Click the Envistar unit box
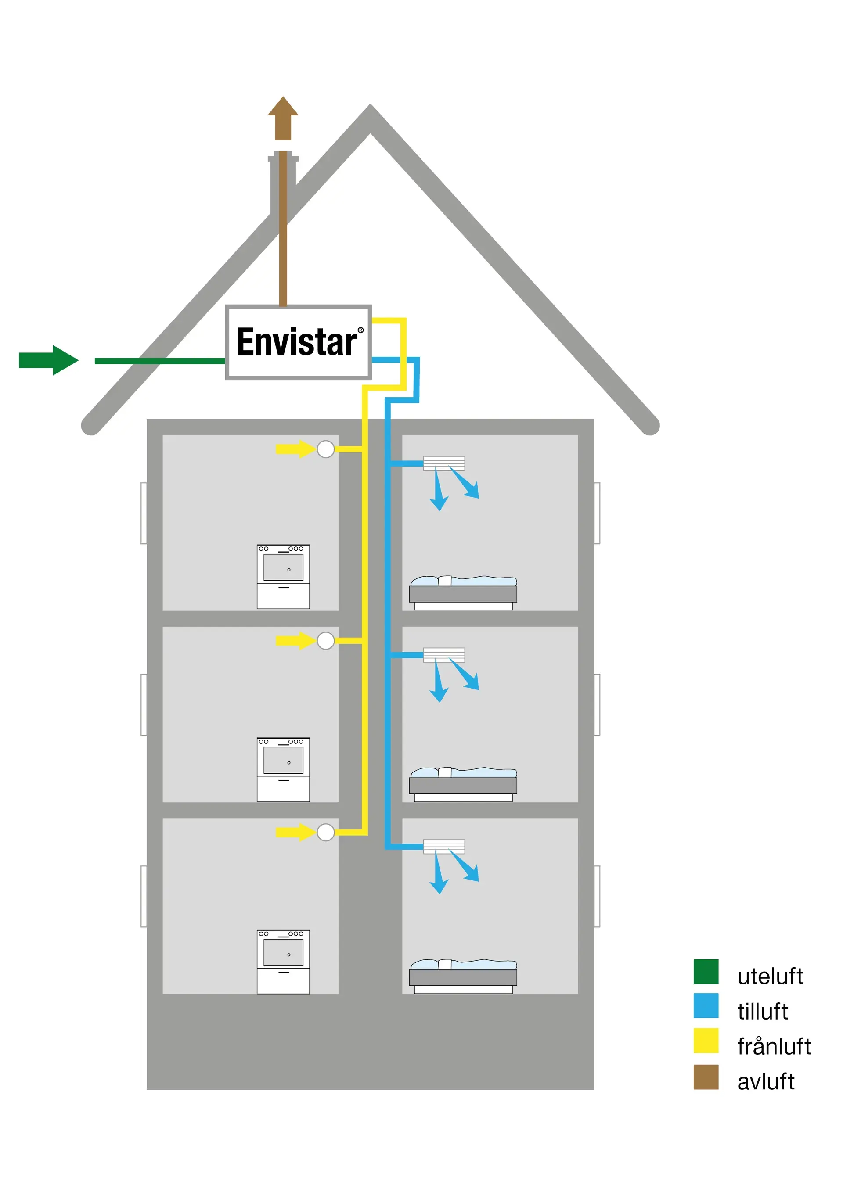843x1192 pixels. click(298, 342)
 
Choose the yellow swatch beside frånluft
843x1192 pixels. click(706, 1041)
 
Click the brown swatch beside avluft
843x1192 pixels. click(706, 1077)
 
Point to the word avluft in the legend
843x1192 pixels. click(765, 1081)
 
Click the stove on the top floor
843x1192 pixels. click(283, 576)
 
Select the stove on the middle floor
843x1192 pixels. click(283, 769)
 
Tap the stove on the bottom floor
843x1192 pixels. click(283, 962)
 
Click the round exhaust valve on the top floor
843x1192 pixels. click(326, 449)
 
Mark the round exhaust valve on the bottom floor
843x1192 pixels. click(326, 832)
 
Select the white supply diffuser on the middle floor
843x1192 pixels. click(443, 655)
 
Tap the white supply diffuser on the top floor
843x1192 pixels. click(443, 463)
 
